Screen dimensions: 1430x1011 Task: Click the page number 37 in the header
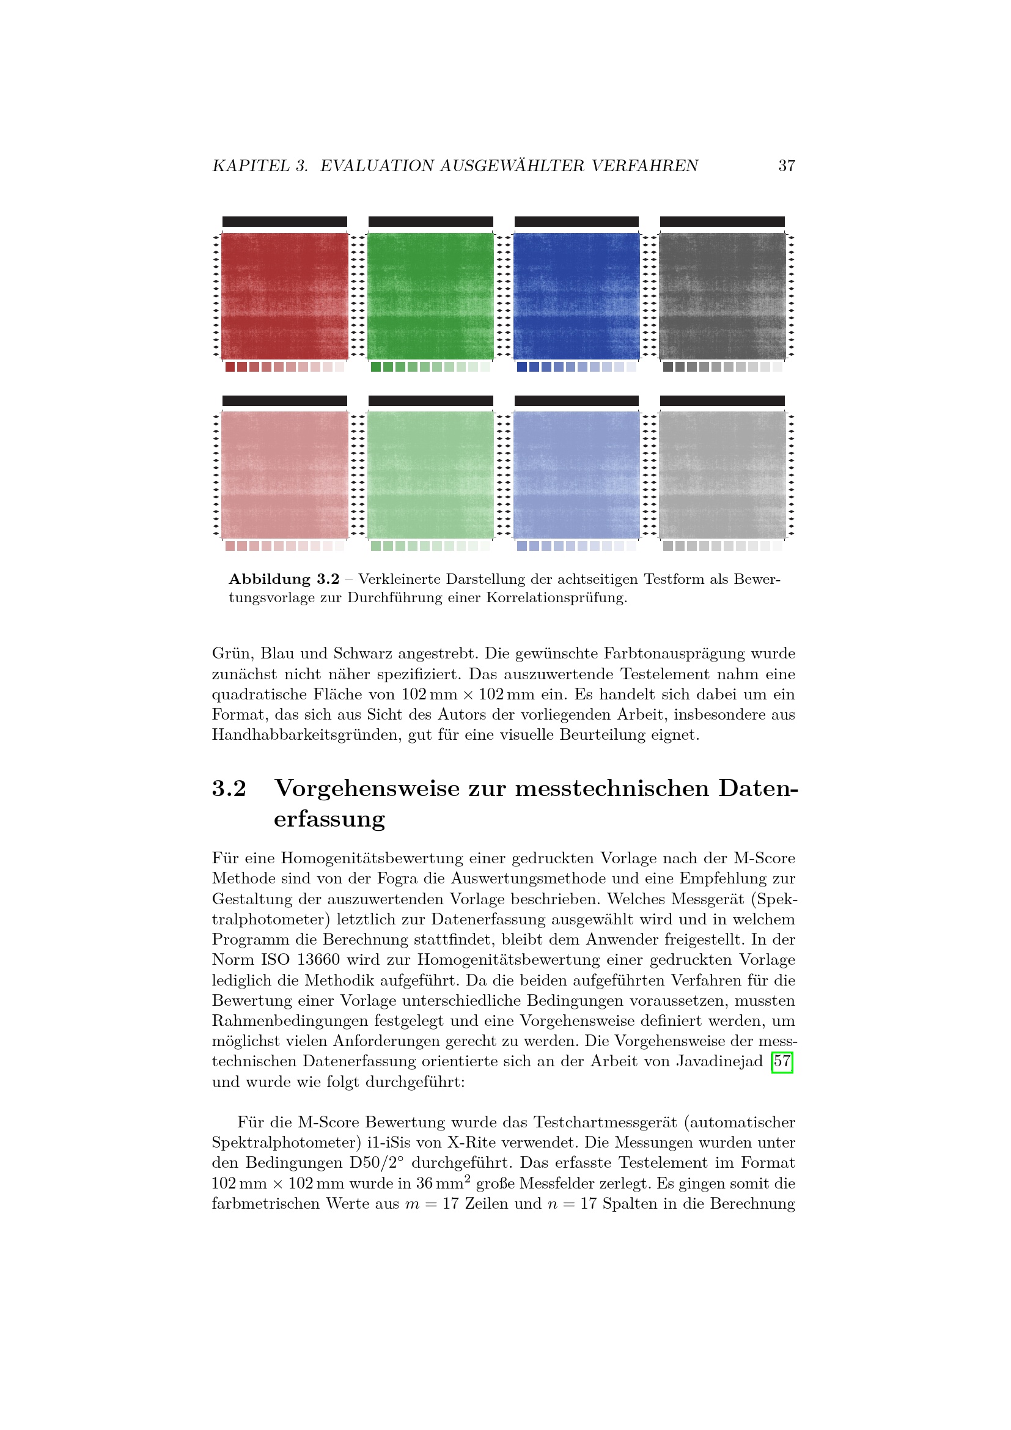(x=786, y=166)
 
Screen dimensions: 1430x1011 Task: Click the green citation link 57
(x=782, y=1061)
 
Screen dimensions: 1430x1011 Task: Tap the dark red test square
(x=284, y=296)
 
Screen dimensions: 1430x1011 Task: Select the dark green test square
(x=430, y=296)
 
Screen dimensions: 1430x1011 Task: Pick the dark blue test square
(x=576, y=296)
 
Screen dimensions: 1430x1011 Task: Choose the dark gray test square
(x=722, y=296)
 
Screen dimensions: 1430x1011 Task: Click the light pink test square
(x=284, y=474)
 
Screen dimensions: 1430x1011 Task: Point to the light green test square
(x=430, y=474)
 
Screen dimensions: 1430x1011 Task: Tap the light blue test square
(x=576, y=474)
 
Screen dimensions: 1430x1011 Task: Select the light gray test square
(x=722, y=474)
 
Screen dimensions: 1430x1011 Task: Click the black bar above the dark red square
(x=284, y=222)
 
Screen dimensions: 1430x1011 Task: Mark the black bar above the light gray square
(x=722, y=400)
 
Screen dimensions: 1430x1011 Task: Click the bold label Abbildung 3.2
(x=284, y=579)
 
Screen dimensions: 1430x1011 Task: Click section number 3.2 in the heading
(x=229, y=789)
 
